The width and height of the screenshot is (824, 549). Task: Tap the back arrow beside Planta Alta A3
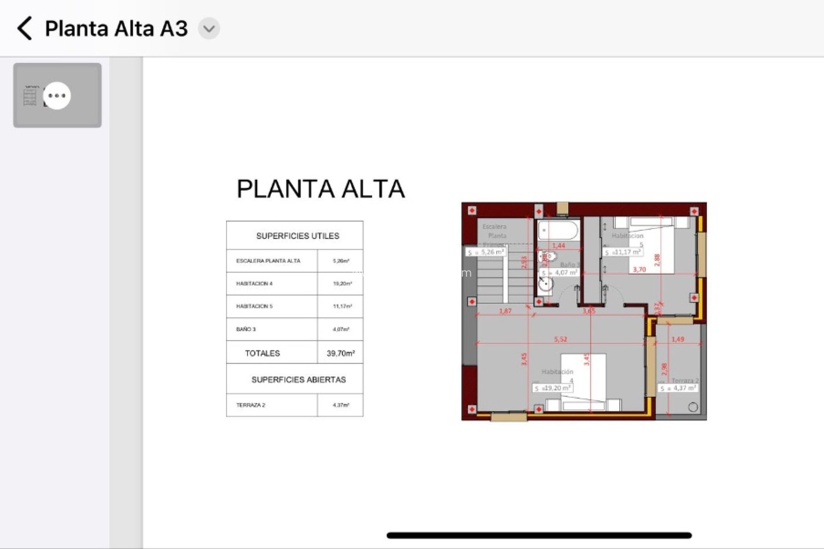pyautogui.click(x=24, y=29)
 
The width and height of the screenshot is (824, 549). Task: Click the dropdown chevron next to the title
pyautogui.click(x=209, y=29)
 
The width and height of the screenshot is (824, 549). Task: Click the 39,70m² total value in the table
pyautogui.click(x=340, y=353)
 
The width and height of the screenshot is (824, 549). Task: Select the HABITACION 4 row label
pyautogui.click(x=254, y=284)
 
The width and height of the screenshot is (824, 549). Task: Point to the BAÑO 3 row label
pyautogui.click(x=246, y=329)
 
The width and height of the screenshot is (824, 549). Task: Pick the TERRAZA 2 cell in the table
pyautogui.click(x=251, y=405)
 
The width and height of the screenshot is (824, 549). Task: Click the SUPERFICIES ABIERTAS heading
pyautogui.click(x=298, y=380)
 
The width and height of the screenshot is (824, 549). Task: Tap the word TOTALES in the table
pyautogui.click(x=262, y=353)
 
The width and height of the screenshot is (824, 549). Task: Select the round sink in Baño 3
pyautogui.click(x=546, y=284)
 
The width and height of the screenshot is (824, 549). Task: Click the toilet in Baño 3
pyautogui.click(x=548, y=256)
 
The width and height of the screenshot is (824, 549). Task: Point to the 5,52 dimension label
pyautogui.click(x=560, y=339)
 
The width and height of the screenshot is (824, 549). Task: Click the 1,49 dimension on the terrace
pyautogui.click(x=678, y=339)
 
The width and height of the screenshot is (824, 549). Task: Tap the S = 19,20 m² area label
pyautogui.click(x=553, y=388)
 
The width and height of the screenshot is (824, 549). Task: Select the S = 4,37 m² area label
pyautogui.click(x=678, y=388)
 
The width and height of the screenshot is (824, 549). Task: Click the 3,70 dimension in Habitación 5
pyautogui.click(x=639, y=269)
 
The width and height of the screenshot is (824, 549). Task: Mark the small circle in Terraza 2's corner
pyautogui.click(x=693, y=407)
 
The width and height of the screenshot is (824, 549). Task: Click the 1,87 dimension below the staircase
pyautogui.click(x=505, y=311)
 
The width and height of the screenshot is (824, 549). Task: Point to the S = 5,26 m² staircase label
pyautogui.click(x=486, y=252)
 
